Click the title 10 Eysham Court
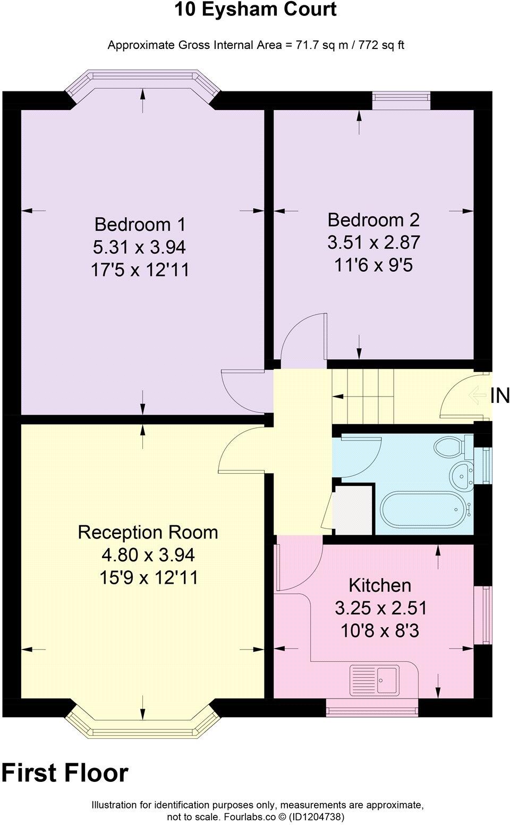click(256, 10)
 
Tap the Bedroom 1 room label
click(140, 224)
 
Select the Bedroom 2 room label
click(373, 220)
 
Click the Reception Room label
click(148, 532)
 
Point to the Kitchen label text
click(380, 585)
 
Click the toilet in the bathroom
click(450, 447)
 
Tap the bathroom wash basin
click(462, 475)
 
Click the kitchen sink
click(375, 679)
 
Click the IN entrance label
click(499, 395)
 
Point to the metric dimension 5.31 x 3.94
click(139, 247)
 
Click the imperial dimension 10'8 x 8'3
click(380, 631)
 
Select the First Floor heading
click(65, 773)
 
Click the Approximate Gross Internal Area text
click(256, 45)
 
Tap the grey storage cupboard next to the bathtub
click(353, 510)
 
